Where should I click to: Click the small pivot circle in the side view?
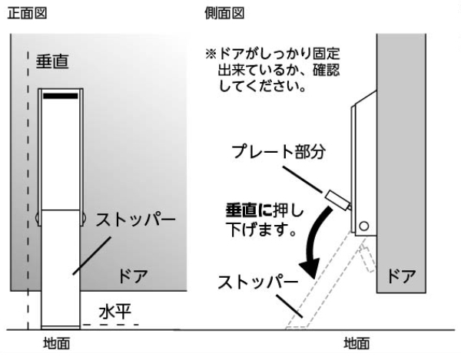click(x=363, y=226)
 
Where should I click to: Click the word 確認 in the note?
click(x=322, y=74)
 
